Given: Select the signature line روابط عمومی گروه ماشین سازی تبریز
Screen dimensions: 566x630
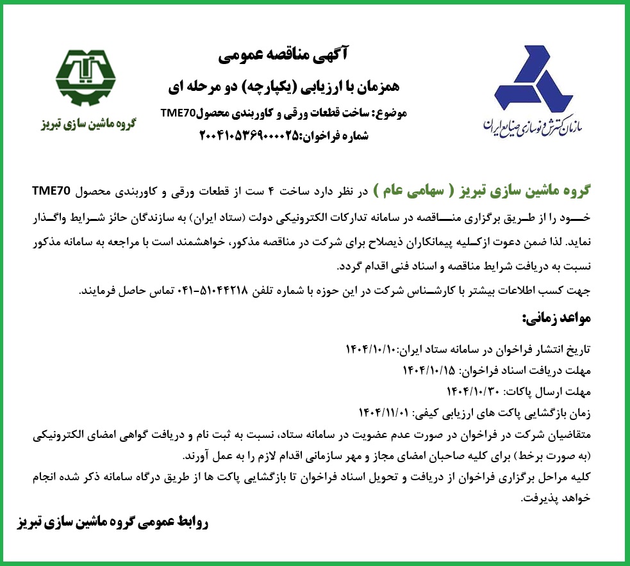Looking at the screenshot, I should coord(112,521).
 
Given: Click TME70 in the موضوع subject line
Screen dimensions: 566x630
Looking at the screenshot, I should coord(179,114).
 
